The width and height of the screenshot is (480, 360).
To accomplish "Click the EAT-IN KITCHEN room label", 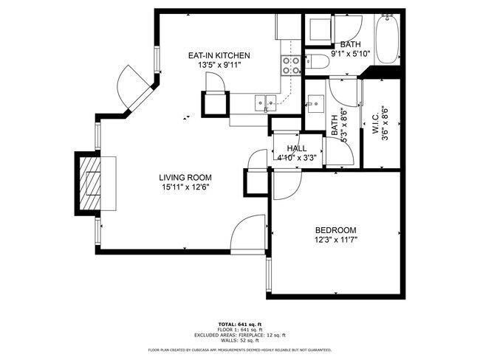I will (219, 55).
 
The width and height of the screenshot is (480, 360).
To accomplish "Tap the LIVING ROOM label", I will (185, 177).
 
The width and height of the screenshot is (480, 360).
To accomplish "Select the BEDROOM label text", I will (335, 229).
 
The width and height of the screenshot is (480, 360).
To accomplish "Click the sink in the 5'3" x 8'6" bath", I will (315, 103).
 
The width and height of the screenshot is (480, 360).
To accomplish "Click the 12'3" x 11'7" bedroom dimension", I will (335, 240).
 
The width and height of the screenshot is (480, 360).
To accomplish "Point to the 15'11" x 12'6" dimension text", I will (185, 187).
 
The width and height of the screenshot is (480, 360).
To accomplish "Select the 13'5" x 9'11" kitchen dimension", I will (219, 65).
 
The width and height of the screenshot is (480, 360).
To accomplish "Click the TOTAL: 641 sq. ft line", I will (239, 324).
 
